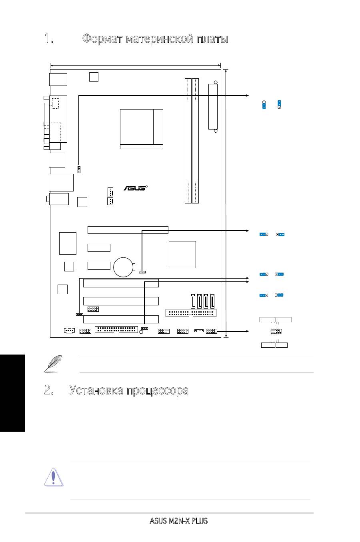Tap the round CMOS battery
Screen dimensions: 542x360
pos(124,267)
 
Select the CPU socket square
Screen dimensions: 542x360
pos(141,129)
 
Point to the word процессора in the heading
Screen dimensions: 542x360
pos(157,390)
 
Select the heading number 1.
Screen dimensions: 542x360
pos(49,39)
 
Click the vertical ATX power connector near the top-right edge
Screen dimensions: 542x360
pos(213,107)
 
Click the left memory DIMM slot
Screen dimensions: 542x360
pos(188,141)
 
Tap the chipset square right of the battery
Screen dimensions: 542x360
pos(182,254)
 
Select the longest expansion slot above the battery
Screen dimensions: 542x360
pos(128,230)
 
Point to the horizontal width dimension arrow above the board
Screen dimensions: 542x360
pos(136,66)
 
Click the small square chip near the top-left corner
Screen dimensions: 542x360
pos(94,76)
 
